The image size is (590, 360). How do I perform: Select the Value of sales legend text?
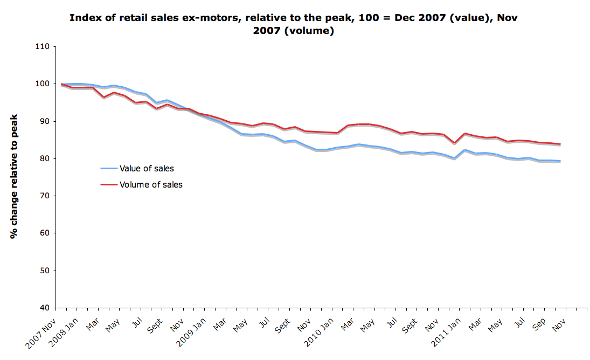pos(147,169)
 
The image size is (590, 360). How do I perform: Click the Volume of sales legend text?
pos(151,185)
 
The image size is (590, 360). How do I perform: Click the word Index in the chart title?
pos(84,18)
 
